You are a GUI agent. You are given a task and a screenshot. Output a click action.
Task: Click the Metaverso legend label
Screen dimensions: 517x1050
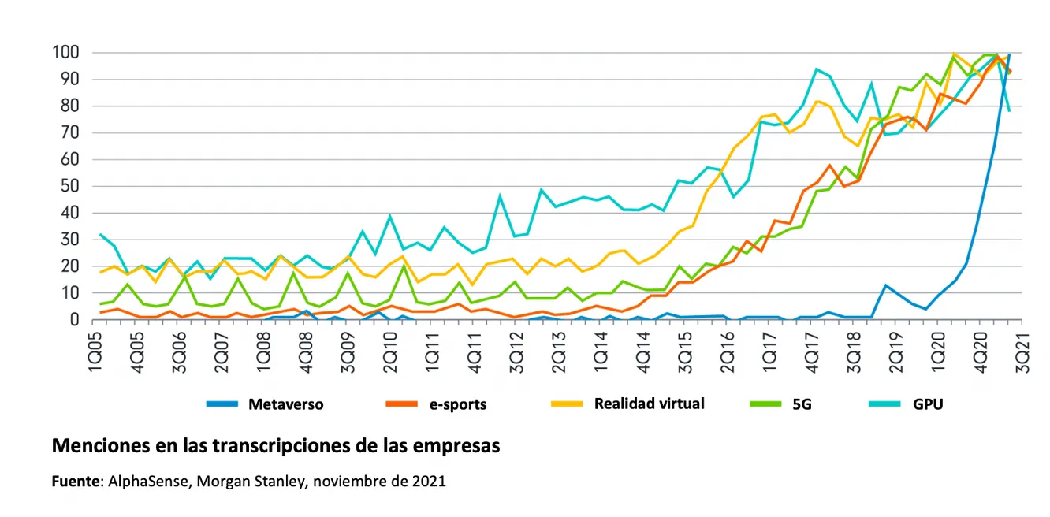pos(285,404)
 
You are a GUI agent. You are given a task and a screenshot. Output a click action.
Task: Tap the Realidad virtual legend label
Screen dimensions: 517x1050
pos(649,404)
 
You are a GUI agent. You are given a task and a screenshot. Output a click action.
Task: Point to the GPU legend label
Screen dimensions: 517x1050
pos(928,404)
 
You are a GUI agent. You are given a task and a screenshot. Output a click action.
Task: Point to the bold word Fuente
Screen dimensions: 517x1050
pos(76,481)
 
